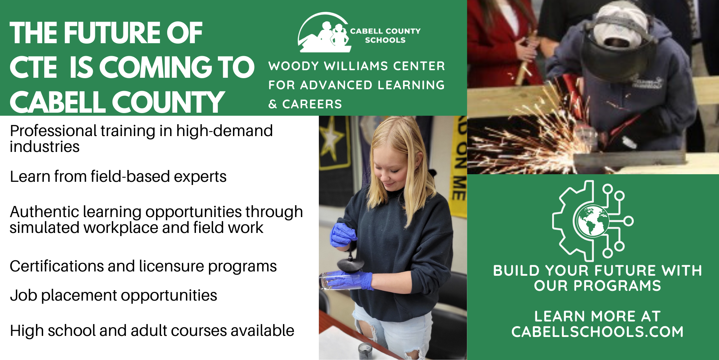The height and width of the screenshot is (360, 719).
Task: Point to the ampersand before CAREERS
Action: (273, 105)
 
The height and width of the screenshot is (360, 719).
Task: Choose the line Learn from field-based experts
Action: (118, 177)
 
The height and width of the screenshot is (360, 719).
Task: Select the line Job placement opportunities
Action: (113, 296)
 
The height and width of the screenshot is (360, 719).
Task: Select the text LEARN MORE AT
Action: (597, 316)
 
